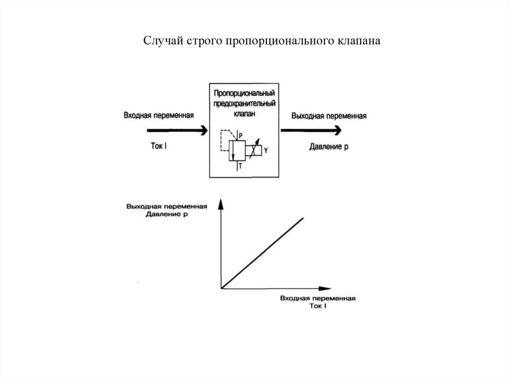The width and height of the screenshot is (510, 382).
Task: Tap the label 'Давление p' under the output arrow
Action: [329, 147]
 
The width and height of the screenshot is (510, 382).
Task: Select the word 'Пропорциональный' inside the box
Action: [245, 94]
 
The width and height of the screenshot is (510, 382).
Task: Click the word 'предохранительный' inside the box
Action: [245, 104]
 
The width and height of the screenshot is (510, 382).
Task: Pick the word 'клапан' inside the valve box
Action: [245, 114]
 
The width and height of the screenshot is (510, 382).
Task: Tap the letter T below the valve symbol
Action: [240, 167]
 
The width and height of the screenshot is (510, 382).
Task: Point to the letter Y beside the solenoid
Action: [266, 150]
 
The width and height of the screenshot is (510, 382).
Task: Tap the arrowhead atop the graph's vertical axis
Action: [220, 204]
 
